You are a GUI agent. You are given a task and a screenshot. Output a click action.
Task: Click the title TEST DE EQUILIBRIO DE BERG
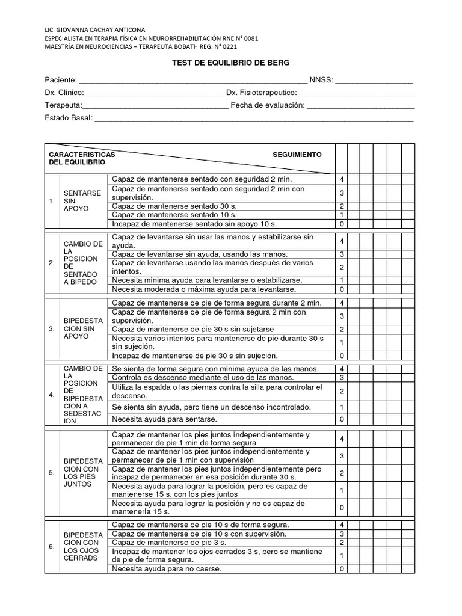click(230, 63)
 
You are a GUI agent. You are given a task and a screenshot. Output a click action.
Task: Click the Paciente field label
click(61, 80)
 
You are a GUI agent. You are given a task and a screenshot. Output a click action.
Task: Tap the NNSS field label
click(321, 80)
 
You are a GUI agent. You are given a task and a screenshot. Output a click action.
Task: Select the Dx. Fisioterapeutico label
click(261, 93)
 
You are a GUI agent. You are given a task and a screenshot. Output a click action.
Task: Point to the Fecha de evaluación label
click(268, 106)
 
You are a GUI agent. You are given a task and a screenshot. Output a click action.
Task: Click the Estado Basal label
click(69, 118)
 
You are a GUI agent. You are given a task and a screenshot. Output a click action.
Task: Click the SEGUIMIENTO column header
click(297, 155)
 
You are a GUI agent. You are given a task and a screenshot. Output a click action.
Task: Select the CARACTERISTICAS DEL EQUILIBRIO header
click(82, 159)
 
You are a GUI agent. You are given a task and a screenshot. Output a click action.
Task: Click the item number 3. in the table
click(52, 329)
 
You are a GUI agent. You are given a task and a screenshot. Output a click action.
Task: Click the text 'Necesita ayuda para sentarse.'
click(164, 419)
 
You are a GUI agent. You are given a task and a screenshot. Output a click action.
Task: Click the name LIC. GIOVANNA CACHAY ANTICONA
click(95, 29)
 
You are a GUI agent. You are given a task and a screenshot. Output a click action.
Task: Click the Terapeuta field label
click(63, 106)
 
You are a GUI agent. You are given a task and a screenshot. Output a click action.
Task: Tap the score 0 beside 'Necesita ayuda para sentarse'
click(341, 419)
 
